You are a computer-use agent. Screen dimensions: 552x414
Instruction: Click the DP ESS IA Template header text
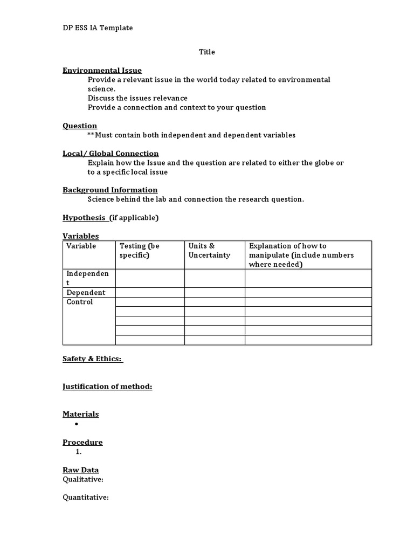pyautogui.click(x=98, y=27)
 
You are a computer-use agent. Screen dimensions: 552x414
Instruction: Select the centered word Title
pyautogui.click(x=207, y=52)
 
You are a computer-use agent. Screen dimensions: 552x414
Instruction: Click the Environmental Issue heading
pyautogui.click(x=102, y=70)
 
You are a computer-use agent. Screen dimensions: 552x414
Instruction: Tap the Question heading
pyautogui.click(x=80, y=126)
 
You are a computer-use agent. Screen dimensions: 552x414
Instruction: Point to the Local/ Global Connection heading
pyautogui.click(x=111, y=153)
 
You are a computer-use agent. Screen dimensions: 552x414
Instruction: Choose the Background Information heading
pyautogui.click(x=110, y=190)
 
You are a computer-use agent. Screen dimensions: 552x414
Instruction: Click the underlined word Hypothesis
pyautogui.click(x=84, y=217)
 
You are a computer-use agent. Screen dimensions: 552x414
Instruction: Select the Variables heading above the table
pyautogui.click(x=81, y=236)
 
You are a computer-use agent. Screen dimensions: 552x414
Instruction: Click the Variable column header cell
pyautogui.click(x=81, y=246)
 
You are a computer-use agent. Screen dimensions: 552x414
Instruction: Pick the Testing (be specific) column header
pyautogui.click(x=140, y=250)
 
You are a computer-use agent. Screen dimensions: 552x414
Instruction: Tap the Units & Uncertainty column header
pyautogui.click(x=209, y=250)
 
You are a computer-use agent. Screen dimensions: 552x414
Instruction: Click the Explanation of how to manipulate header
pyautogui.click(x=301, y=255)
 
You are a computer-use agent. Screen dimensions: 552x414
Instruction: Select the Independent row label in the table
pyautogui.click(x=87, y=278)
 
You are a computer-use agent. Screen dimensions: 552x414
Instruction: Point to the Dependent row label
pyautogui.click(x=86, y=293)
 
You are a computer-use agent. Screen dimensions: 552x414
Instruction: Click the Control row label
pyautogui.click(x=80, y=302)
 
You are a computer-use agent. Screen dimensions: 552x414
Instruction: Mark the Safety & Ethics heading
pyautogui.click(x=92, y=358)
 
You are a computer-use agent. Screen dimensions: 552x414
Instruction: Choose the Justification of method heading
pyautogui.click(x=107, y=387)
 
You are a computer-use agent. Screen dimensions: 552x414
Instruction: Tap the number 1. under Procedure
pyautogui.click(x=79, y=452)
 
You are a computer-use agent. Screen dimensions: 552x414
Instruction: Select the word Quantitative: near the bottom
pyautogui.click(x=86, y=497)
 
